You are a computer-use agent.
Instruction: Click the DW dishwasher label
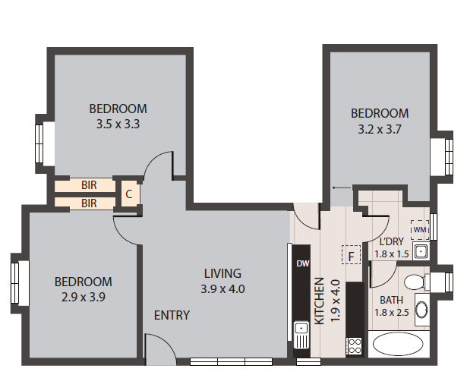pos(303,263)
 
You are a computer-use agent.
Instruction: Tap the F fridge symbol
pos(351,254)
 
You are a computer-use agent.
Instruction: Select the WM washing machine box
pos(420,230)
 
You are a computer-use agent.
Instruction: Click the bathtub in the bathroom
pos(398,344)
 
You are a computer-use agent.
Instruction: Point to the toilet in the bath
pos(416,282)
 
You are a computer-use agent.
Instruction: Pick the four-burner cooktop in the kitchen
pos(355,346)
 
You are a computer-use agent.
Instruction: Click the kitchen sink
pos(301,335)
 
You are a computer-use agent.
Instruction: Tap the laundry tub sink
pos(421,251)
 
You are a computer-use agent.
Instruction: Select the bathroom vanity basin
pos(422,310)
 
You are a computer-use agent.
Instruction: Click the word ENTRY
pos(172,315)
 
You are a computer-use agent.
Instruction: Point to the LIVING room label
pos(222,273)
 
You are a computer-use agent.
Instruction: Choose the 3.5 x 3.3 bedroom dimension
pos(118,124)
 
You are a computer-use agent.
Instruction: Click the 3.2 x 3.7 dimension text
pos(380,129)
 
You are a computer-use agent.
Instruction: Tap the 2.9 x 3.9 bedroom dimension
pos(84,297)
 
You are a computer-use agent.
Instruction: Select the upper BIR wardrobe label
pos(89,185)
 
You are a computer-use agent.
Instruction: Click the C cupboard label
pos(129,194)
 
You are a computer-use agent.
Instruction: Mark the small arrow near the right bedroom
pos(342,187)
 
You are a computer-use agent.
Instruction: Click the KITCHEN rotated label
pos(319,301)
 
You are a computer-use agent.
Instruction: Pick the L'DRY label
pos(391,241)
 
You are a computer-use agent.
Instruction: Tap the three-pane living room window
pos(231,361)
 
